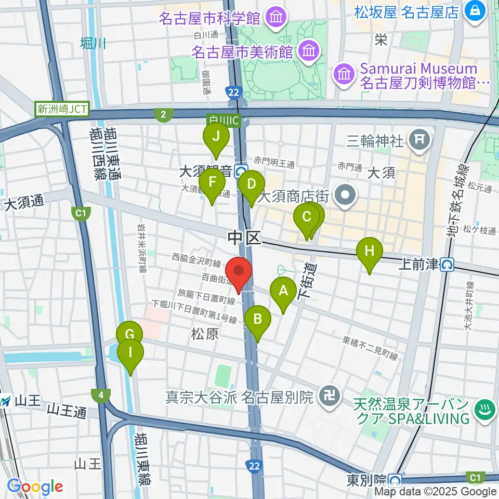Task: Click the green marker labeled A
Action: [283, 291]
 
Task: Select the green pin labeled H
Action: [369, 252]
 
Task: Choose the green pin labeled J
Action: [215, 137]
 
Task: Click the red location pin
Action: [239, 271]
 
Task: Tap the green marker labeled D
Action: [251, 185]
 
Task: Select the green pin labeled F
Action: [212, 182]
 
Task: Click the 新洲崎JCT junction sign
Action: [62, 110]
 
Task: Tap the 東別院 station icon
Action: [396, 480]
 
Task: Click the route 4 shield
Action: [100, 396]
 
